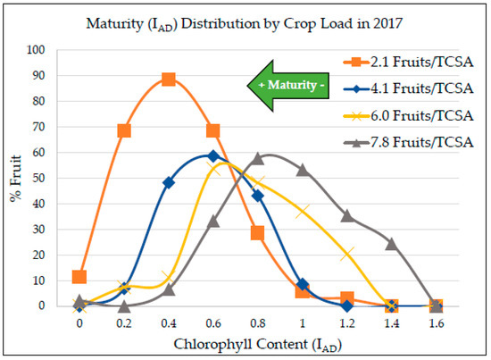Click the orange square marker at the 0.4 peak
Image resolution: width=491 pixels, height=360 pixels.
[x=169, y=80]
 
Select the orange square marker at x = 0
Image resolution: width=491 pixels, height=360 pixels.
[x=79, y=277]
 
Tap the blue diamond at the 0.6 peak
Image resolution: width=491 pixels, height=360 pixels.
[x=213, y=155]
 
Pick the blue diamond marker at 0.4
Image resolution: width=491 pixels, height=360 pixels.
[x=169, y=182]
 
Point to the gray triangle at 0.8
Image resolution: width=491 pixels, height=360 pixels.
[x=258, y=158]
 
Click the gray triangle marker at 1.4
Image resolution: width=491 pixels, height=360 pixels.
[x=391, y=244]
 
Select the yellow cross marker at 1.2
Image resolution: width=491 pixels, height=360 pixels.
[x=347, y=253]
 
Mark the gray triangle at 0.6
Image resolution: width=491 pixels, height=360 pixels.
[x=213, y=222]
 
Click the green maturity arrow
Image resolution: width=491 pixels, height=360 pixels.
[x=288, y=86]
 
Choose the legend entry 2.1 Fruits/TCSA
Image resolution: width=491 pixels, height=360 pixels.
[x=408, y=62]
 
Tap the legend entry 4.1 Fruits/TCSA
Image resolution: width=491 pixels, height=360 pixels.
[x=408, y=88]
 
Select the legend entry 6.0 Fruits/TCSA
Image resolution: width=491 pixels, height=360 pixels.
[x=408, y=116]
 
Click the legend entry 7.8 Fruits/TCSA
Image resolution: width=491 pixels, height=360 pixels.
[x=408, y=143]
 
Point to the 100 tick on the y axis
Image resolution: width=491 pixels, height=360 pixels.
[x=36, y=49]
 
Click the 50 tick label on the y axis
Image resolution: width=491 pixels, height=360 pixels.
[x=38, y=178]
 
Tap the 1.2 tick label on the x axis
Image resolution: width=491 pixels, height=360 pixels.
[x=347, y=323]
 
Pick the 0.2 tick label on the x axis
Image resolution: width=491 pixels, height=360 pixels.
[x=124, y=323]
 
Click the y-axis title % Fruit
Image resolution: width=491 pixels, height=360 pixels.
[x=16, y=179]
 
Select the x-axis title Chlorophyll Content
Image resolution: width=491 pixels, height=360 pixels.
[x=241, y=344]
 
